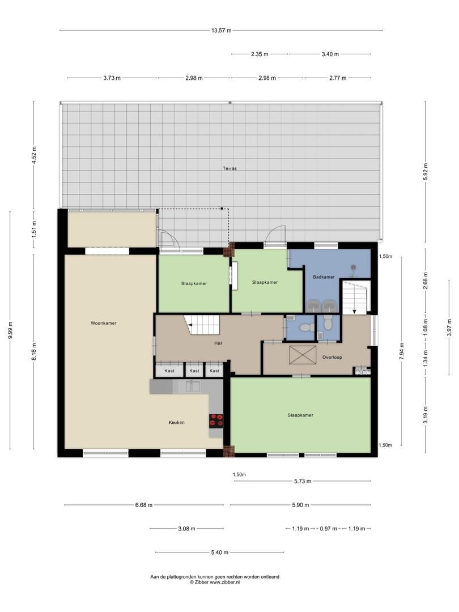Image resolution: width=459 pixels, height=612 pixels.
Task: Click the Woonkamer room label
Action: pyautogui.click(x=104, y=323)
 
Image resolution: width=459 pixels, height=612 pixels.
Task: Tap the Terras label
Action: pyautogui.click(x=229, y=169)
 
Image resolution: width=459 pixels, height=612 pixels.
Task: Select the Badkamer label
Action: pyautogui.click(x=324, y=277)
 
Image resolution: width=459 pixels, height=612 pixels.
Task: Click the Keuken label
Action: pyautogui.click(x=176, y=422)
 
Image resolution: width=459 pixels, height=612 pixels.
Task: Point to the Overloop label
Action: pyautogui.click(x=332, y=357)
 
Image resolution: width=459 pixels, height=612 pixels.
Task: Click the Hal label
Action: pyautogui.click(x=218, y=343)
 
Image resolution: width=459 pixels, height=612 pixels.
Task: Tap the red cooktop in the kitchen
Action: pyautogui.click(x=216, y=420)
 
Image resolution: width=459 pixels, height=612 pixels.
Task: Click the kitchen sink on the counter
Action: pyautogui.click(x=193, y=386)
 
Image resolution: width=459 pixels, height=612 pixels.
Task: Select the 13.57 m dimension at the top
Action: pyautogui.click(x=222, y=31)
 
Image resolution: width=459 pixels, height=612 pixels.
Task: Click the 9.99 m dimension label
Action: pyautogui.click(x=11, y=330)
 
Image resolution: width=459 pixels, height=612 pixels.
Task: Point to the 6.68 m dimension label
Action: pyautogui.click(x=143, y=505)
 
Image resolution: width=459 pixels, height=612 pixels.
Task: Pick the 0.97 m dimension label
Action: pyautogui.click(x=328, y=529)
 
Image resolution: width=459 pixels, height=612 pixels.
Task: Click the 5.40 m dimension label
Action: pyautogui.click(x=220, y=552)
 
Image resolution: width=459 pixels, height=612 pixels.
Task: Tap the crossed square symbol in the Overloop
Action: pyautogui.click(x=303, y=355)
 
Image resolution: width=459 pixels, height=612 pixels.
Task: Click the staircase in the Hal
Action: pyautogui.click(x=203, y=325)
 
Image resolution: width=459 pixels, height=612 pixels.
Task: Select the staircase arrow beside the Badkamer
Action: pyautogui.click(x=354, y=311)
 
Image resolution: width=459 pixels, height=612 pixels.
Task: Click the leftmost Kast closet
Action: pyautogui.click(x=169, y=371)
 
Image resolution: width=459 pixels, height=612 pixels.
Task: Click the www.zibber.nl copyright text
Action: pyautogui.click(x=215, y=582)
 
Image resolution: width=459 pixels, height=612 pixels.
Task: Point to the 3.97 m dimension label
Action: pyautogui.click(x=449, y=327)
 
